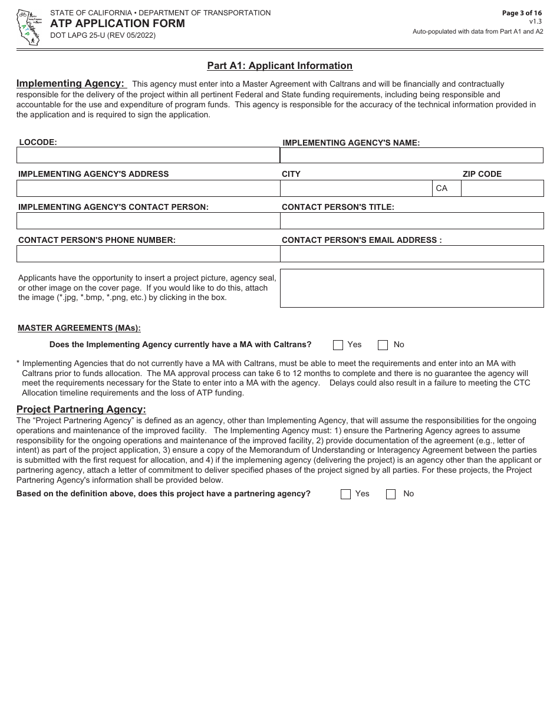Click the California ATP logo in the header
coord(28,27)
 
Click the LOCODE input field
coord(147,155)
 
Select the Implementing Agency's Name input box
coord(411,155)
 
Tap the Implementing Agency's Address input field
coord(147,188)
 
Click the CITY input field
coord(356,188)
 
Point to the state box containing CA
coord(446,188)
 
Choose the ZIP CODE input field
coord(502,188)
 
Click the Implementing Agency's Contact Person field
coord(147,220)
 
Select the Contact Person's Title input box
coord(411,220)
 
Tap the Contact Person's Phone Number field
coord(147,253)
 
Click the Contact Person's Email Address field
coord(411,253)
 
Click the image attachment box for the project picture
coord(411,288)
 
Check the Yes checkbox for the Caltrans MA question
coord(338,345)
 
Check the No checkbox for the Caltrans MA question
coord(383,345)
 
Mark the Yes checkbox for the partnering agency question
coord(345,494)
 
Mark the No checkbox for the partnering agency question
coord(391,494)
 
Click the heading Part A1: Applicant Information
coord(279,66)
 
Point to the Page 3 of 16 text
coord(522,13)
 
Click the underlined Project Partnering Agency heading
coord(81,409)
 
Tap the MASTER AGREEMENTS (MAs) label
coord(79,328)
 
